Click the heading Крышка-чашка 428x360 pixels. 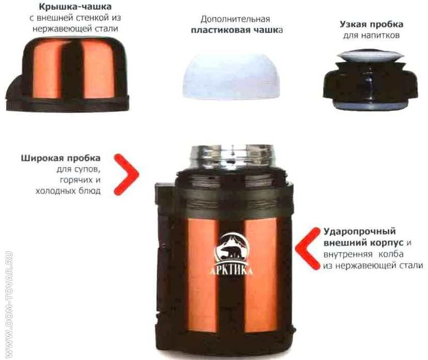75,7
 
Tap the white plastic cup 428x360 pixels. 232,76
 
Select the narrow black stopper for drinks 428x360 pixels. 370,79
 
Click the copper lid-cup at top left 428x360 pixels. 67,74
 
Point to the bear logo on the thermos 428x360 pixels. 232,247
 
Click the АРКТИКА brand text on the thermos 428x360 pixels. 231,270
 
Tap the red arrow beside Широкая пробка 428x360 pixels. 126,175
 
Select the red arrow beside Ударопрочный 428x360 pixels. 308,249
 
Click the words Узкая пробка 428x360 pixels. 371,25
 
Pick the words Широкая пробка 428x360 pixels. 61,158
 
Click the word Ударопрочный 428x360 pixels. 359,232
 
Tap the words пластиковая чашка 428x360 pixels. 236,30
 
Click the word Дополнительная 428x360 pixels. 235,20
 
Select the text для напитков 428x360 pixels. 371,36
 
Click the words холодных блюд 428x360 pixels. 68,191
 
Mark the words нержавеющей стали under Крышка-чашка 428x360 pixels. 75,29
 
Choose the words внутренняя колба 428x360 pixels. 364,254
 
